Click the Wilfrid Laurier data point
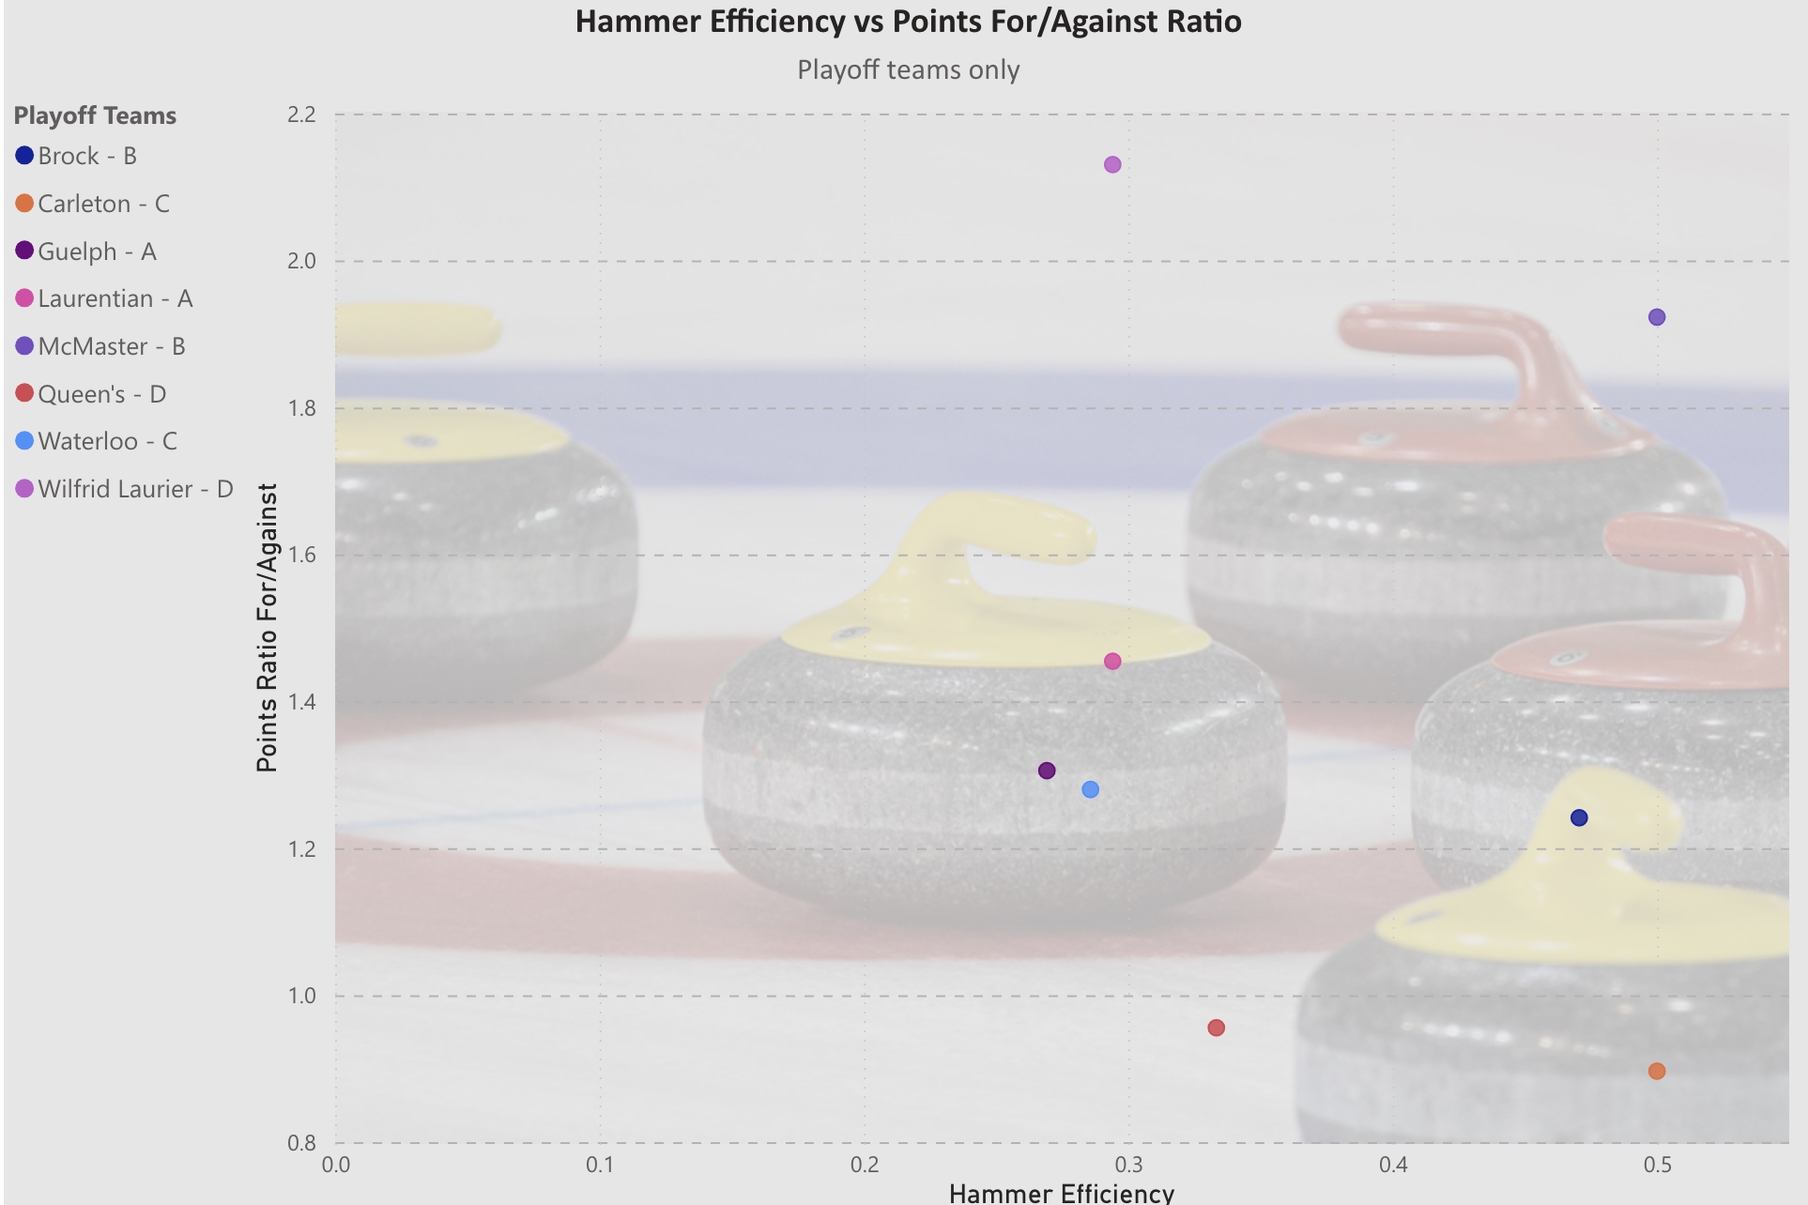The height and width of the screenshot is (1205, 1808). [1112, 165]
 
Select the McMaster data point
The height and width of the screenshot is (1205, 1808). [1657, 317]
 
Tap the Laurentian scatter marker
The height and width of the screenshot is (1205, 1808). [1112, 662]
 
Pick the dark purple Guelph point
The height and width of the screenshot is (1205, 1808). [1047, 770]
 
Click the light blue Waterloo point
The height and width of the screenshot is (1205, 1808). [1090, 789]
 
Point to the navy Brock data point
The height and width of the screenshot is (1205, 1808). [1579, 817]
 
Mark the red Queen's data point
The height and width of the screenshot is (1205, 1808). [1216, 1028]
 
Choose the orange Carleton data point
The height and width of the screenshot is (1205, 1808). [1657, 1071]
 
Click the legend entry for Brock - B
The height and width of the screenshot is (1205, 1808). [87, 156]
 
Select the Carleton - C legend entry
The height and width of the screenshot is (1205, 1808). [103, 204]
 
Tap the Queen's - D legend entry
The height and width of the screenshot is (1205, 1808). [101, 394]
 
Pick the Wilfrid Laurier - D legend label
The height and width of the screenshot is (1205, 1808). [135, 489]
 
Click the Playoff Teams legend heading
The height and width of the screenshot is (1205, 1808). [95, 115]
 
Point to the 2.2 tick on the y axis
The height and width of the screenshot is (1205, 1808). [301, 114]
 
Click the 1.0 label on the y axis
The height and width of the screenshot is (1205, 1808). [301, 996]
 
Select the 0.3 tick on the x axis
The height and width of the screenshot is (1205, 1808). [1129, 1165]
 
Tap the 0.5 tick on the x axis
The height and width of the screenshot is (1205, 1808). [1658, 1165]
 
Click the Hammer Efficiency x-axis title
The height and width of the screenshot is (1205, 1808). [1061, 1193]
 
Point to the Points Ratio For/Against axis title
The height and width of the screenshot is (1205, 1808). [268, 627]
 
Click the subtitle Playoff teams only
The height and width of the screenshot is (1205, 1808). [908, 70]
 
